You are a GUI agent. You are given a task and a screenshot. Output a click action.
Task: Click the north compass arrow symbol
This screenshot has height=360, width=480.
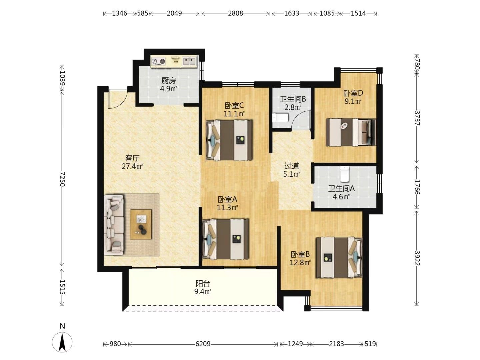(x=62, y=342)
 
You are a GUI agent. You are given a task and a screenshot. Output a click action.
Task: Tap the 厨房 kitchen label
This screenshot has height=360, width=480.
(x=169, y=81)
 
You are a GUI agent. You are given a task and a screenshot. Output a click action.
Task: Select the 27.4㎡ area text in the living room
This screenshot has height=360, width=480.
(x=132, y=167)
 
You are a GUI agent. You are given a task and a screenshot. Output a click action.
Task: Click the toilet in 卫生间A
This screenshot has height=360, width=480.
(x=344, y=174)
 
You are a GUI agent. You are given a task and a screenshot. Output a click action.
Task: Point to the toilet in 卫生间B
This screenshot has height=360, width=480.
(x=281, y=117)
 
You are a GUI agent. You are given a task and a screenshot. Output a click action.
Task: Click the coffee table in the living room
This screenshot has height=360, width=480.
(x=141, y=224)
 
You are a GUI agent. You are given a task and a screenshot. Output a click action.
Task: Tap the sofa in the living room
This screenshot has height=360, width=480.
(x=114, y=225)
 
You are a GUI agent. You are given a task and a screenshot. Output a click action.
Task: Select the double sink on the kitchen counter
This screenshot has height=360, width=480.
(x=189, y=61)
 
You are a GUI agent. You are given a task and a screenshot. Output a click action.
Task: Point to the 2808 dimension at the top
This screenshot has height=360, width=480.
(x=235, y=14)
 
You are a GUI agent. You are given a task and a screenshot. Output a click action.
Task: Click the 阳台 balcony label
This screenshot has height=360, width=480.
(x=203, y=283)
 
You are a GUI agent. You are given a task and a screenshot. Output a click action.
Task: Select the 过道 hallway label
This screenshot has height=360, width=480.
(x=291, y=166)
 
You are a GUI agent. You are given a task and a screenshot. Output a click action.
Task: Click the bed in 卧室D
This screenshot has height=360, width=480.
(x=351, y=132)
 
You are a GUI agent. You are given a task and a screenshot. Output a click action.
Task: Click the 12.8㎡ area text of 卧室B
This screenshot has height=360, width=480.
(x=300, y=262)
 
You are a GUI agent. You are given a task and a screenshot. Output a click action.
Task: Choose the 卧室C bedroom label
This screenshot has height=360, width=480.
(x=234, y=106)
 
